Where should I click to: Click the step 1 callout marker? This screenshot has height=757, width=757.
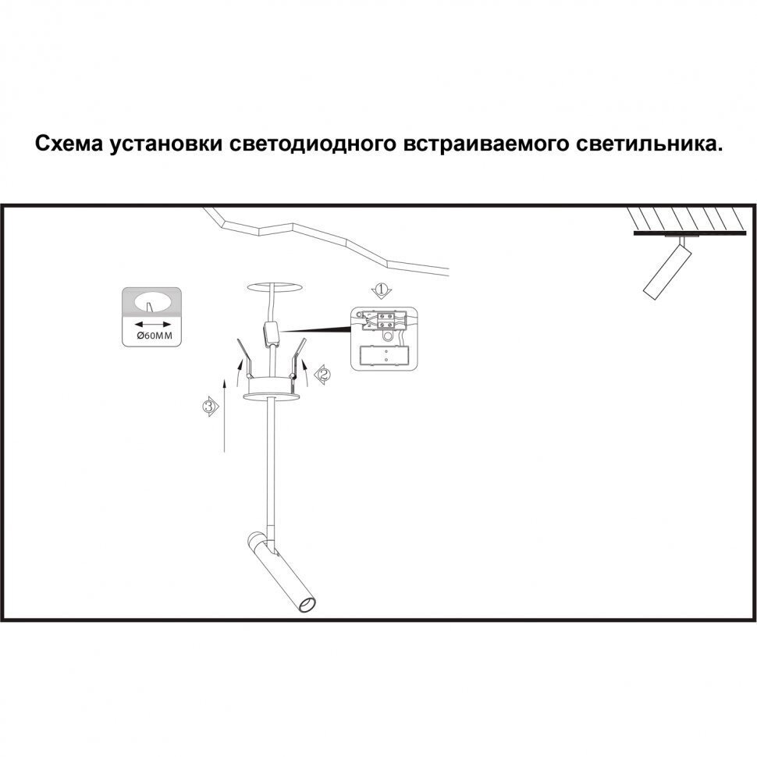(381, 291)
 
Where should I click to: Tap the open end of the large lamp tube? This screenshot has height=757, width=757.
(307, 605)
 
